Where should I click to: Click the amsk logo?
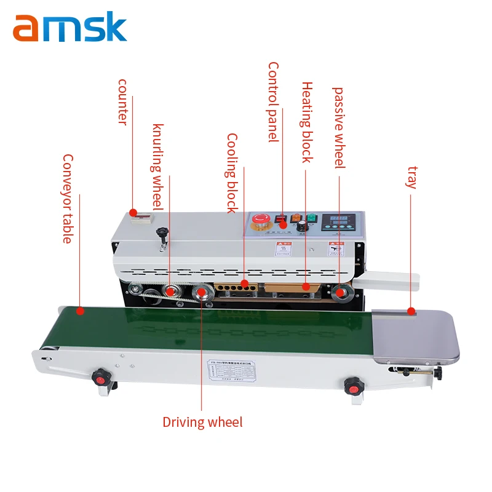coord(69,28)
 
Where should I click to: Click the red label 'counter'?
coord(122,101)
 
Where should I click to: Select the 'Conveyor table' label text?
coord(67,198)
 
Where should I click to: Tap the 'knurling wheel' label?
coord(158,166)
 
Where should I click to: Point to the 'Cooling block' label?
coord(232,173)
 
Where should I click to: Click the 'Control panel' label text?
coord(273,102)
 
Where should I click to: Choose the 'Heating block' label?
coord(307,122)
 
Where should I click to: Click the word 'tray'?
coord(413,177)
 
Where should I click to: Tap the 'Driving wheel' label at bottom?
coord(202,423)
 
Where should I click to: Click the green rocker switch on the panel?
coord(311,218)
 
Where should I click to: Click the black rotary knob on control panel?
coord(301,228)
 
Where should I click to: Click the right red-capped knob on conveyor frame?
coord(352,386)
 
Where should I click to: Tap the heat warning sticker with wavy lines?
coord(280,250)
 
